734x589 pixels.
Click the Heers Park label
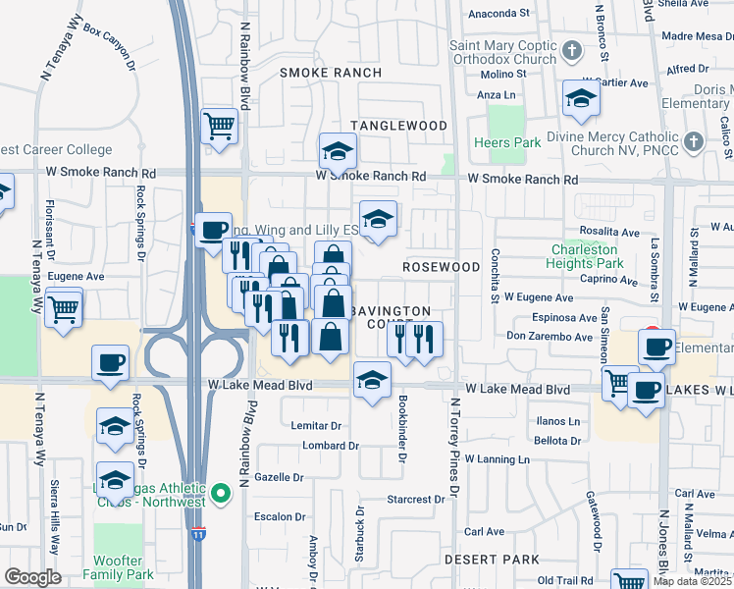pos(507,143)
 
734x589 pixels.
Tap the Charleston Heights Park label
pos(587,256)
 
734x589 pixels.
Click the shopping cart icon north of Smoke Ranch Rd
pos(219,126)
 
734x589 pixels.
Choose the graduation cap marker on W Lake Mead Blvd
pos(372,380)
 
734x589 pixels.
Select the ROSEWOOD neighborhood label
pos(441,267)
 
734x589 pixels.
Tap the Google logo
pos(32,577)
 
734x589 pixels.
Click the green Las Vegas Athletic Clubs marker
pos(222,492)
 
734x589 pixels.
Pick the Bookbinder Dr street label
pos(402,428)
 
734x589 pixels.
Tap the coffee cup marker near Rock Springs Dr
pos(109,362)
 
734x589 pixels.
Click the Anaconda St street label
pos(498,14)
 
